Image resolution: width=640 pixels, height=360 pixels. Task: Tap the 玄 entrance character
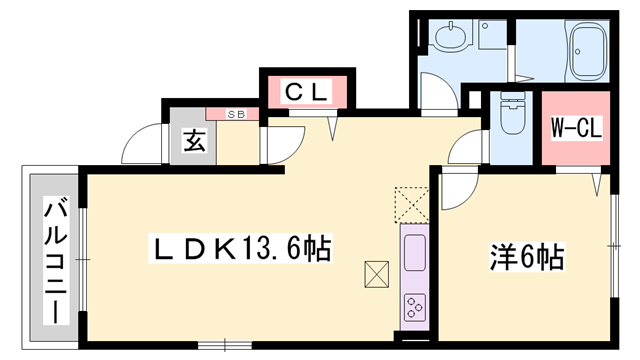coord(194,142)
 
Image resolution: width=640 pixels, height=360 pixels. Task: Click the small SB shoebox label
coord(236,114)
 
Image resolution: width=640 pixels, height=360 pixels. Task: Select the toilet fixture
coord(511,118)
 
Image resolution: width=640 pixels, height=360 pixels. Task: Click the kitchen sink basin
coord(414,252)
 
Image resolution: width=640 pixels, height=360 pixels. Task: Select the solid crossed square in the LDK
coord(377,274)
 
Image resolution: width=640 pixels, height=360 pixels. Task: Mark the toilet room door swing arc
coord(466,150)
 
